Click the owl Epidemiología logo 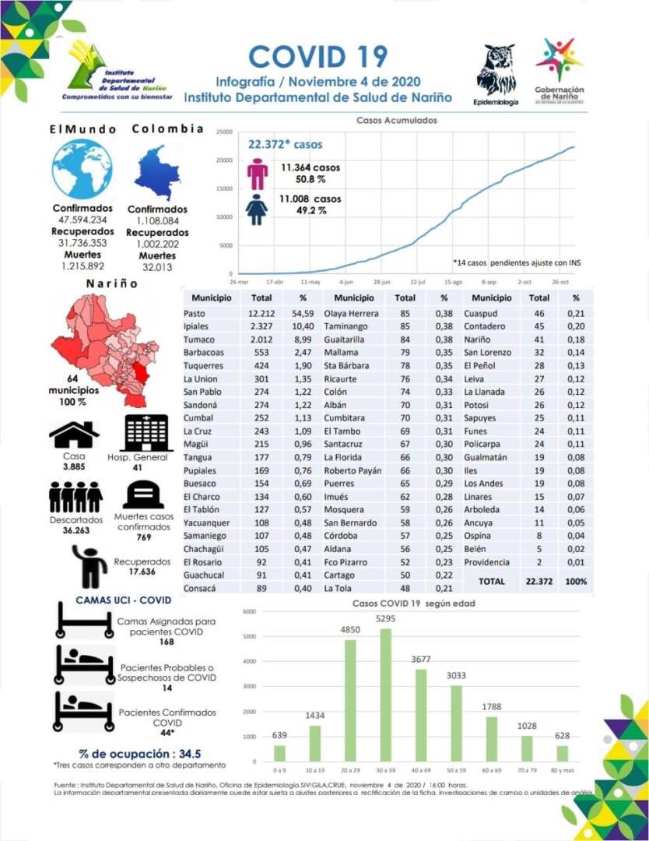click(495, 71)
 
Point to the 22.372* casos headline click(285, 144)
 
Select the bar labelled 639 click(279, 753)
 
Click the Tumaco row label click(198, 340)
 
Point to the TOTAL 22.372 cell click(538, 582)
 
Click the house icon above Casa click(73, 434)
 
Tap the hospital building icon click(146, 433)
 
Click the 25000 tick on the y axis click(223, 132)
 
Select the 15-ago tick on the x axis click(454, 281)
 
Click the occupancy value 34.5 click(190, 754)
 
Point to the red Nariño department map click(100, 347)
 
